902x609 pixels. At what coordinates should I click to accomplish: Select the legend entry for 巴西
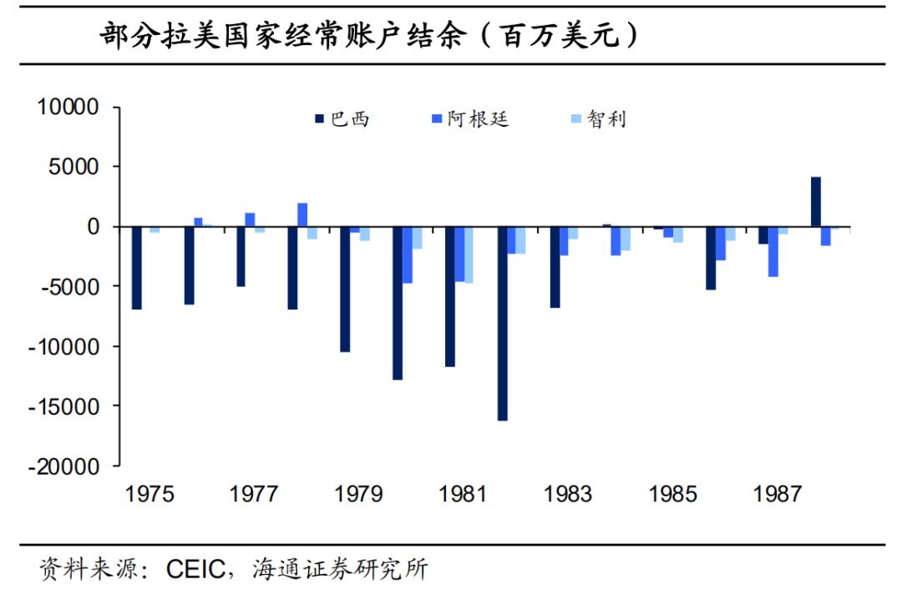coord(342,119)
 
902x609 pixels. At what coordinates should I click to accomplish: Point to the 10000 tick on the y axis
coord(68,108)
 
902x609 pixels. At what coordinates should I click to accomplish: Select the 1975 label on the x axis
coord(149,495)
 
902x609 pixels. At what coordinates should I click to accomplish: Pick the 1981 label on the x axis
coord(464,495)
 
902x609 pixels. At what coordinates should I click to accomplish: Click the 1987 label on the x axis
coord(778,495)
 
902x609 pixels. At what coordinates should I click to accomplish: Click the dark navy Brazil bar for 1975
coord(137,268)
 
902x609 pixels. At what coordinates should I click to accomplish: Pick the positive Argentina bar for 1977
coord(250,219)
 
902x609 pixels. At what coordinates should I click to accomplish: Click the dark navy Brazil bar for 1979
coord(345,289)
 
